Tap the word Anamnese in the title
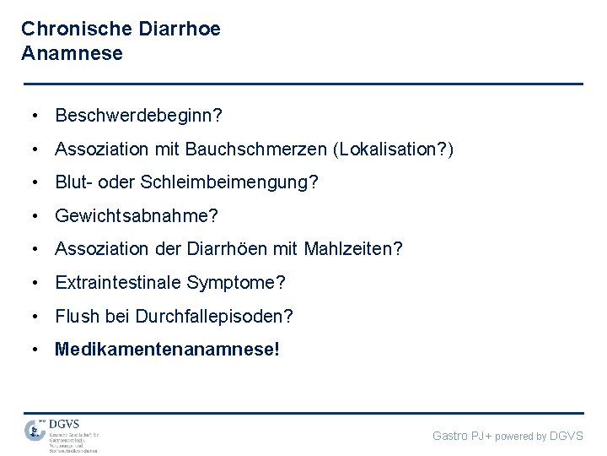(x=72, y=54)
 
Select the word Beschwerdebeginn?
(x=138, y=115)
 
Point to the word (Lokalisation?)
(x=393, y=149)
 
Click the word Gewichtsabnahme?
(x=137, y=216)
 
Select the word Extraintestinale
(x=118, y=283)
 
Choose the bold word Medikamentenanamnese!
(x=166, y=350)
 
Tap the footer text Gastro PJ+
(x=462, y=436)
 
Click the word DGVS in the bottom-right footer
(x=566, y=436)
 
